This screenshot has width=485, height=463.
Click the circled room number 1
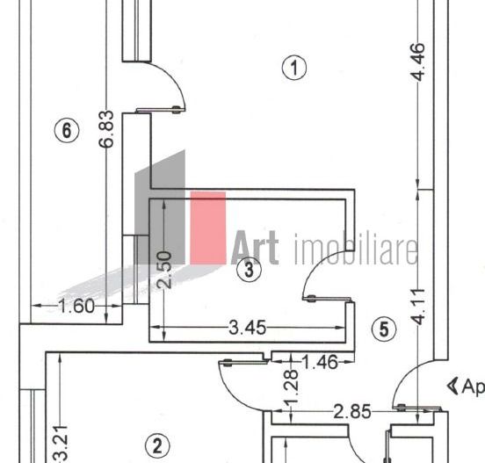coord(295,67)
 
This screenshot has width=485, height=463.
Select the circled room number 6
coord(66,130)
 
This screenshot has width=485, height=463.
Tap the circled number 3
coord(250,270)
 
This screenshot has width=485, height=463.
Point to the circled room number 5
coord(383,329)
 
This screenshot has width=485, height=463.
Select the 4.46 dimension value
coord(418,62)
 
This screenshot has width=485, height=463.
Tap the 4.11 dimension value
coord(419,307)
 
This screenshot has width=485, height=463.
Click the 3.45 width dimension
coord(248,329)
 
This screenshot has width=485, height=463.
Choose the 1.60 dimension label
coord(75,307)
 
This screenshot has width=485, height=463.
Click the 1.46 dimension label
coord(320,361)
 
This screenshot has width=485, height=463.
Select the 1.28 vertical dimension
coord(292,385)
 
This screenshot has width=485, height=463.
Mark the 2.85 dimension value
coord(353,410)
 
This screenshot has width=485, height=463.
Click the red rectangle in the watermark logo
coord(208,228)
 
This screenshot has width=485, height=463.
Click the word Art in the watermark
coord(255,248)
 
